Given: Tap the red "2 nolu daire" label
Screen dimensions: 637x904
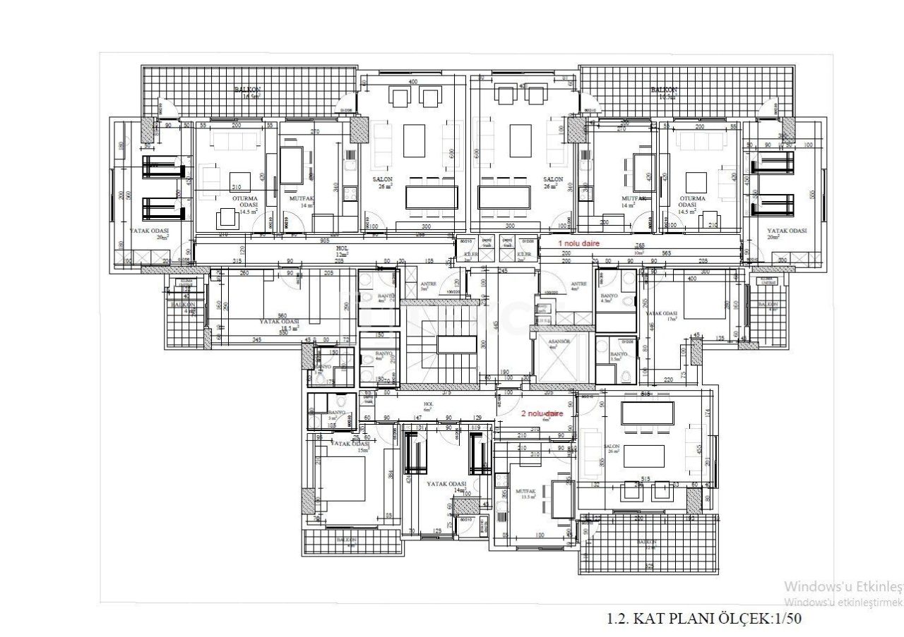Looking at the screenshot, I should click(542, 414).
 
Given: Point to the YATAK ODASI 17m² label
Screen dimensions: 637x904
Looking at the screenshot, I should click(662, 315).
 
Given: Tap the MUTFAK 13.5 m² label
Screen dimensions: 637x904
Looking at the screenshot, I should click(526, 493).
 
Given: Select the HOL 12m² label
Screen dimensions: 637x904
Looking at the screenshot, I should click(343, 250).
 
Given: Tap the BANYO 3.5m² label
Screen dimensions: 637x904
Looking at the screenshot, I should click(618, 356).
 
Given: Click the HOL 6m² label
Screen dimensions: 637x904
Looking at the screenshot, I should click(427, 407).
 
